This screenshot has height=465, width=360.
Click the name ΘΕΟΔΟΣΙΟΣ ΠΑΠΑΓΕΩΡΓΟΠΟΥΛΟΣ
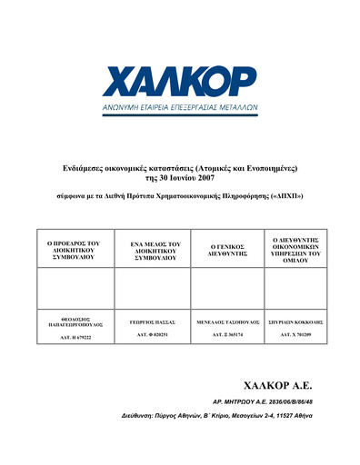(74, 323)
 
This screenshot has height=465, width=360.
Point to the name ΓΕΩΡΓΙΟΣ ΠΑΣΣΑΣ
(151, 322)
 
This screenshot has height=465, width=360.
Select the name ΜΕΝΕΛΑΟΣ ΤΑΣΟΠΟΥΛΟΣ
(226, 322)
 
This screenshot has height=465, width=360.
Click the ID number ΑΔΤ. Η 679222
(74, 338)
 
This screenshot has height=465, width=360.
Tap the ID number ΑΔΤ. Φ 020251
(151, 334)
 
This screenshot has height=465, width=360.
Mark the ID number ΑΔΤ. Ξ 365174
(226, 334)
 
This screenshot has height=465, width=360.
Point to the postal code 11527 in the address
(277, 414)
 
